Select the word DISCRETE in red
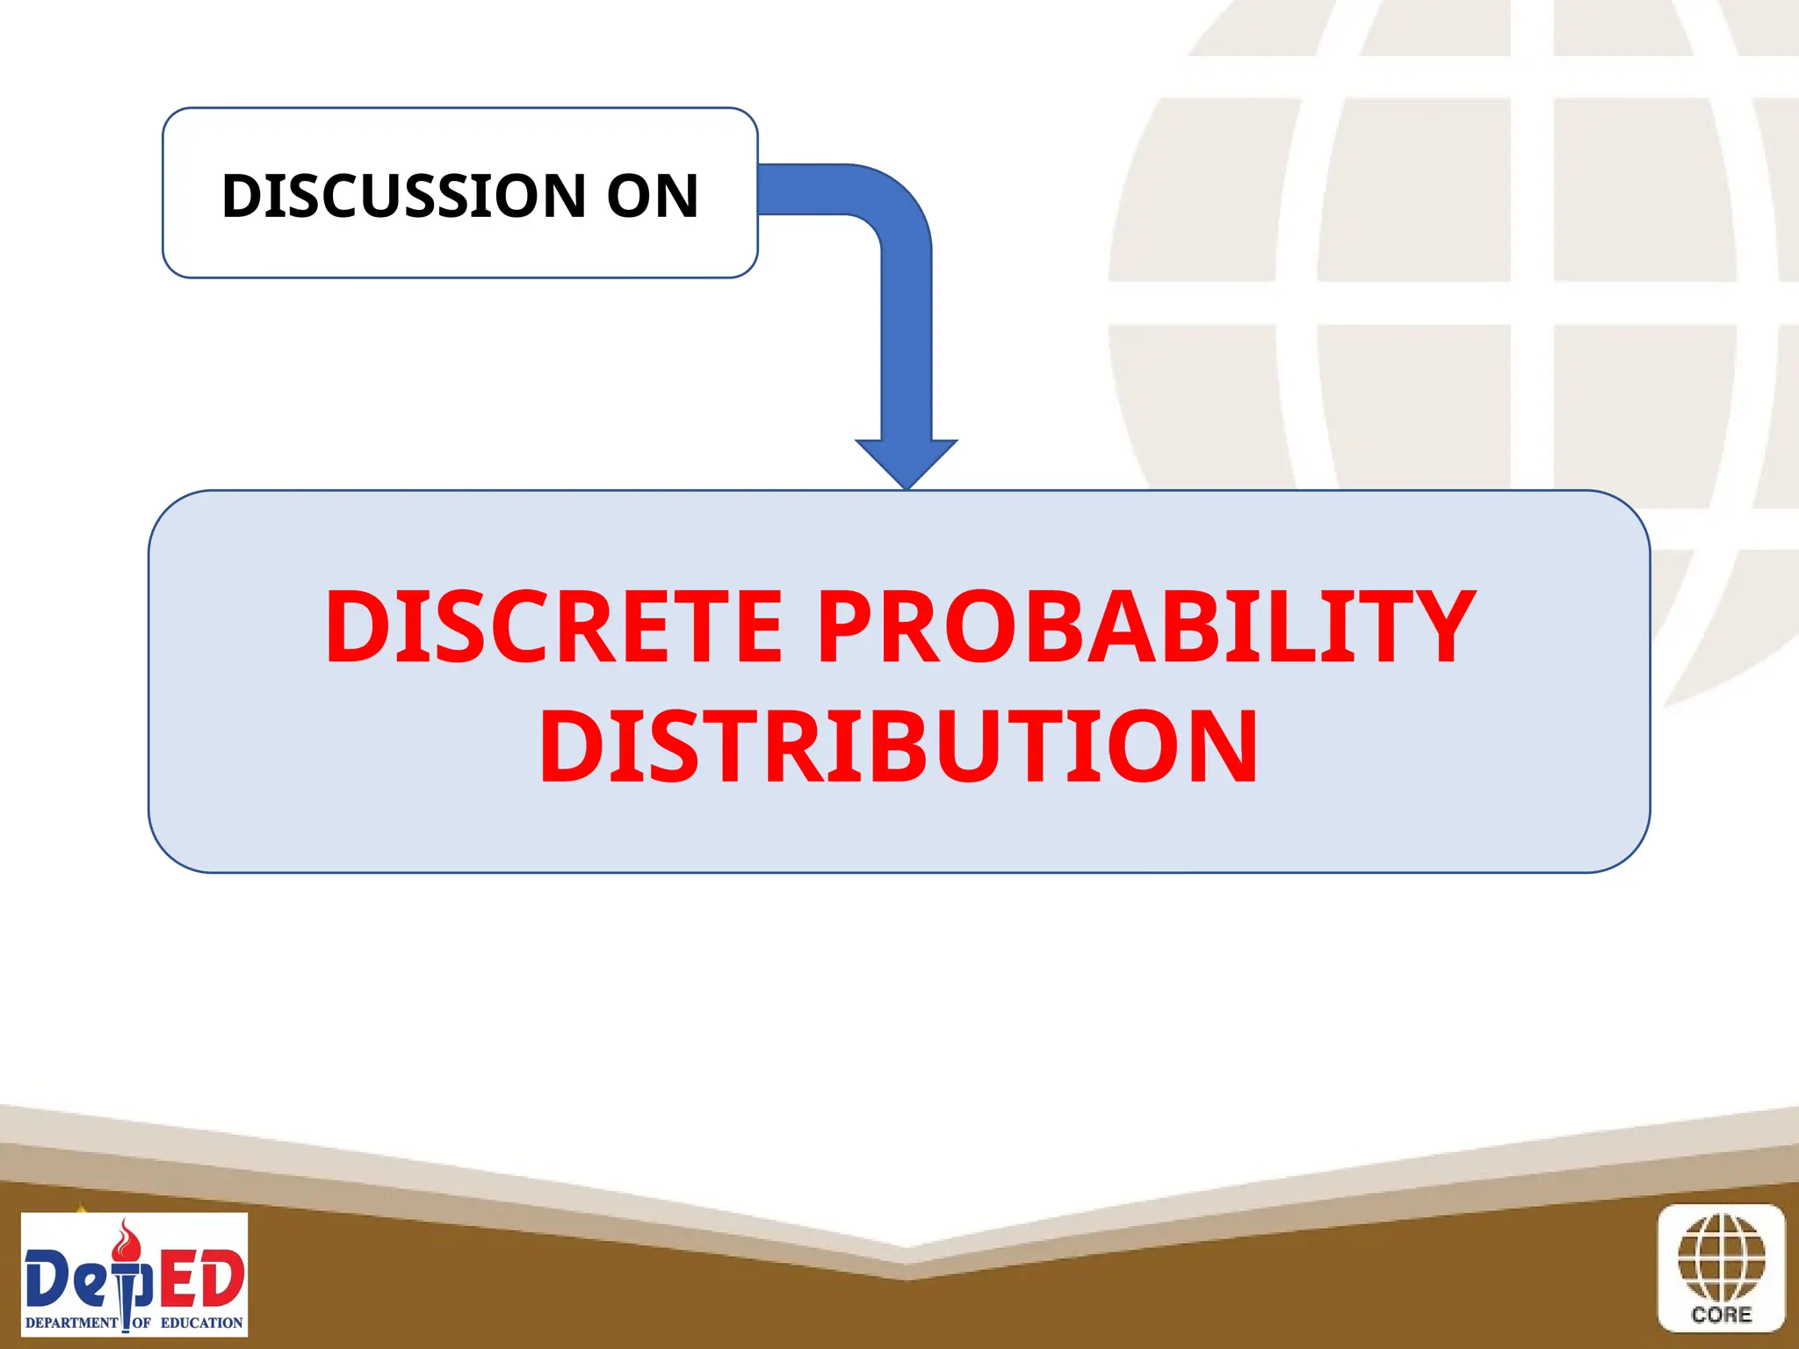[553, 626]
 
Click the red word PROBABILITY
[1146, 626]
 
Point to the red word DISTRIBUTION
[899, 747]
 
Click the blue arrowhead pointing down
[907, 461]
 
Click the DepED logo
[134, 1274]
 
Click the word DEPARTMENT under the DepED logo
[71, 1323]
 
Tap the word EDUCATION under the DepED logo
[201, 1323]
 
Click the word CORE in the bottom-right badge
[1721, 1315]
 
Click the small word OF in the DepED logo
[141, 1323]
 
